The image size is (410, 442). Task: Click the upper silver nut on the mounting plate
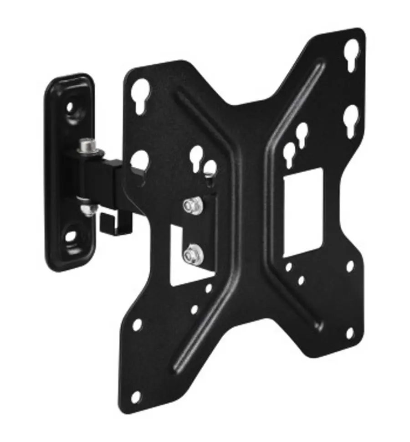(x=191, y=206)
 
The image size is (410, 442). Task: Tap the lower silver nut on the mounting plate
(x=190, y=255)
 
